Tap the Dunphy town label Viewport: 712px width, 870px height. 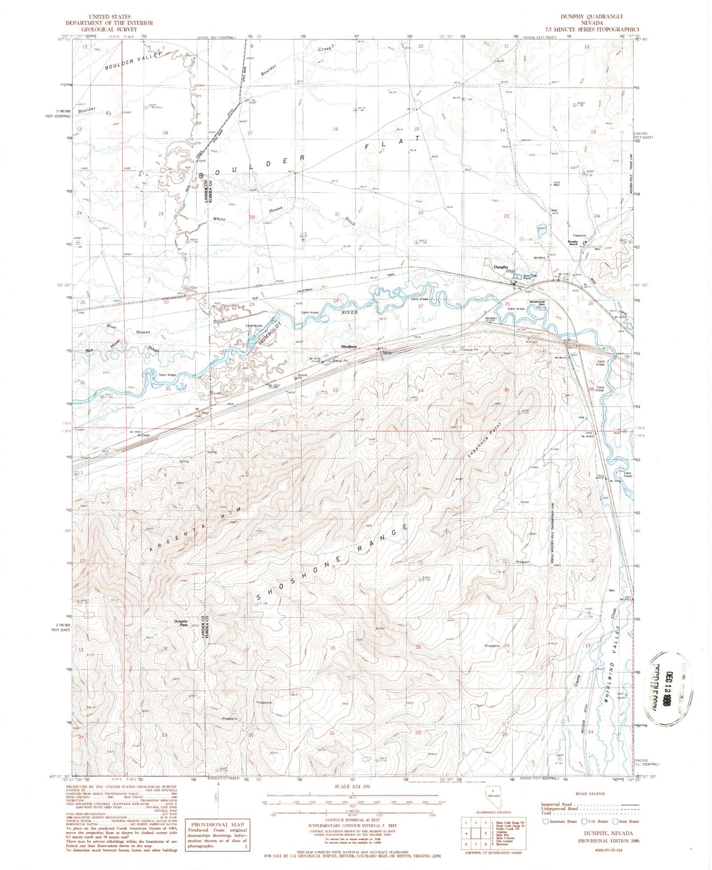pyautogui.click(x=501, y=267)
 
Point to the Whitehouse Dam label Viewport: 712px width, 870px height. pyautogui.click(x=537, y=303)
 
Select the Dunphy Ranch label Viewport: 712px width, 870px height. pyautogui.click(x=573, y=242)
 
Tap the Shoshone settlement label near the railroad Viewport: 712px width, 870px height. pyautogui.click(x=349, y=346)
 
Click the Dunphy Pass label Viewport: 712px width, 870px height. pyautogui.click(x=181, y=623)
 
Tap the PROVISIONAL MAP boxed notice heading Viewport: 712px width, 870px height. pyautogui.click(x=217, y=824)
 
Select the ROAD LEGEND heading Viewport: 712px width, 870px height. pyautogui.click(x=590, y=794)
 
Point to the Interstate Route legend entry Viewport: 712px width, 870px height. pyautogui.click(x=560, y=821)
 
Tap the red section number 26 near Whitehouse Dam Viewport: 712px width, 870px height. pyautogui.click(x=507, y=304)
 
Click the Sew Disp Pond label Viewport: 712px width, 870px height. pyautogui.click(x=530, y=276)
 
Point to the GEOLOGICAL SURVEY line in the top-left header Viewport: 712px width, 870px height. pyautogui.click(x=109, y=29)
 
